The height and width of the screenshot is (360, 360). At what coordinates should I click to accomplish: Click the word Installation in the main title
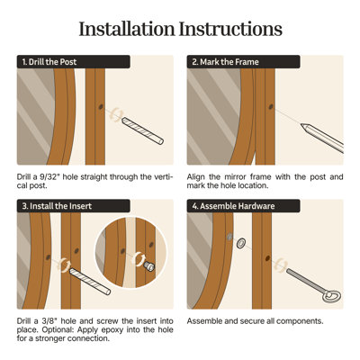pyautogui.click(x=126, y=29)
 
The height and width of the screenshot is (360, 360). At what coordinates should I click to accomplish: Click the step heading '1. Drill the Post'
pyautogui.click(x=49, y=62)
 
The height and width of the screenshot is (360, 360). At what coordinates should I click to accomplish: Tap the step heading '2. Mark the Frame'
pyautogui.click(x=225, y=62)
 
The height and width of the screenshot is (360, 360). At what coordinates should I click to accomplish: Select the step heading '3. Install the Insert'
pyautogui.click(x=57, y=206)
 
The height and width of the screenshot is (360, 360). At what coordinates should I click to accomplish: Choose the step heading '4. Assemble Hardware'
pyautogui.click(x=233, y=206)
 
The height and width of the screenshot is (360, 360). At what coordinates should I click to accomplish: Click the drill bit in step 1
pyautogui.click(x=142, y=130)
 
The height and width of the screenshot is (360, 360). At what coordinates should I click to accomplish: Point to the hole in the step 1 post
pyautogui.click(x=101, y=106)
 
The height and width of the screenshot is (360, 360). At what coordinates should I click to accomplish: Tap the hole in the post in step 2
pyautogui.click(x=271, y=106)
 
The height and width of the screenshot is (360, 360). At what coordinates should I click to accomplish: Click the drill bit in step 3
pyautogui.click(x=90, y=282)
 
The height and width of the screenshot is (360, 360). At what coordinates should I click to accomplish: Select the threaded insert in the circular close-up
pyautogui.click(x=148, y=265)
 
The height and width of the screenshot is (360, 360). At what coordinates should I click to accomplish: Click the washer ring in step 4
pyautogui.click(x=240, y=243)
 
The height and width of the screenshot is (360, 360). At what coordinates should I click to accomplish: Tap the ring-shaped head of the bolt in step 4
pyautogui.click(x=331, y=296)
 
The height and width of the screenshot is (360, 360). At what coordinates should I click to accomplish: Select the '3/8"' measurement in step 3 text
pyautogui.click(x=49, y=321)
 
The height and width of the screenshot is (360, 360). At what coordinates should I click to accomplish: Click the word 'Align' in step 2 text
pyautogui.click(x=195, y=177)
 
